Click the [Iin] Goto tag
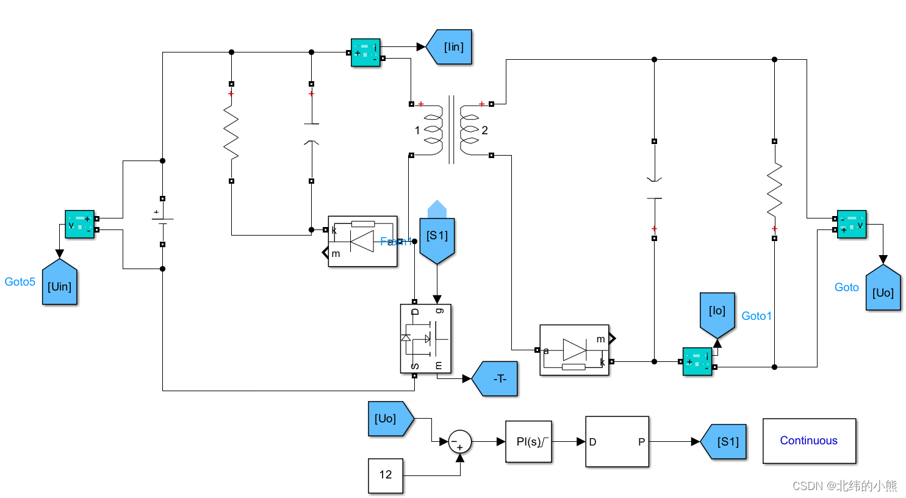coord(450,47)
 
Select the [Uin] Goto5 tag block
coord(60,284)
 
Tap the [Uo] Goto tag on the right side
coord(883,290)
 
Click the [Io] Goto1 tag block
coord(717,312)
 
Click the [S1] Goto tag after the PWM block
coord(725,442)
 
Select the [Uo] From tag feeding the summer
coord(389,419)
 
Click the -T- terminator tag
coord(497,379)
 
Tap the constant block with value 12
coord(386,475)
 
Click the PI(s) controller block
coord(528,442)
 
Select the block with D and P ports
coord(617,442)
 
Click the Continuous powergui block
coord(809,441)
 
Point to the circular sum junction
coord(460,442)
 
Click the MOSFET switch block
coord(425,339)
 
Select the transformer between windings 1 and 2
coord(451,129)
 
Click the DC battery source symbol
coord(162,221)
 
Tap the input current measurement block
coord(365,53)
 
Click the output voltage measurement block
coord(852,224)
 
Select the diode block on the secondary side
coord(574,350)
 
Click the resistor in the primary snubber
coord(231,132)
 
